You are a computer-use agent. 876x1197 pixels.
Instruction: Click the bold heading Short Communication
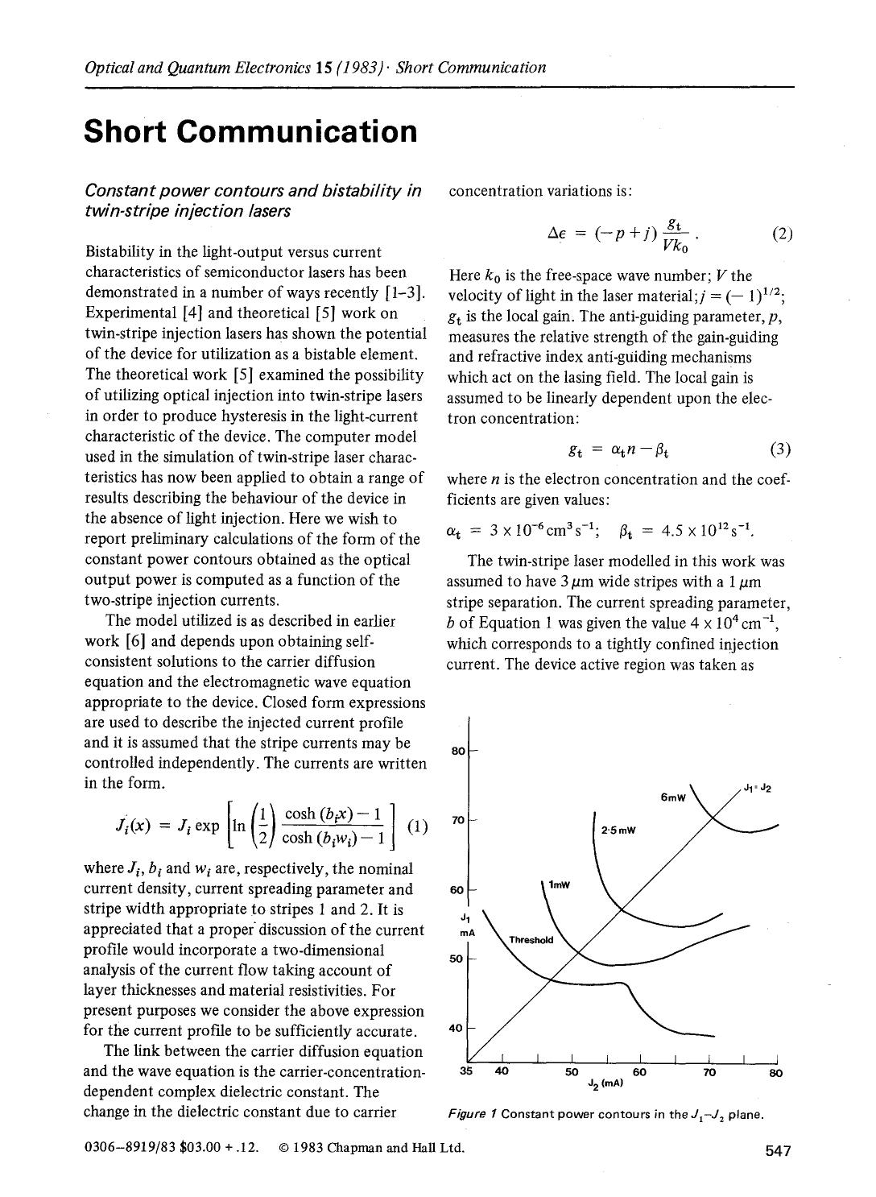(250, 131)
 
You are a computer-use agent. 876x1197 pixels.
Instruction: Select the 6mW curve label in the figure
(672, 798)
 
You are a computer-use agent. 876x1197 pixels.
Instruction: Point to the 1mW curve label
(559, 885)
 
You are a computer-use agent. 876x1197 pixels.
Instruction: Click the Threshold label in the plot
(531, 940)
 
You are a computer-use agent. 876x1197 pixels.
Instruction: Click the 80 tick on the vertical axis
(458, 752)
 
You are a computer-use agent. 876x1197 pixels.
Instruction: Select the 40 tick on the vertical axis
(457, 1029)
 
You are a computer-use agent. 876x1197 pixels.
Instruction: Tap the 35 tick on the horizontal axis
(466, 1072)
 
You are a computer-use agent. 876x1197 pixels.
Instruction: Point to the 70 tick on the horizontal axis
(709, 1072)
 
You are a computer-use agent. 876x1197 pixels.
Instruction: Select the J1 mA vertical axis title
(465, 924)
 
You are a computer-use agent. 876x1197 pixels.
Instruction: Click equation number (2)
(782, 235)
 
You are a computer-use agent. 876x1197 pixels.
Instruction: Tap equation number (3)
(780, 449)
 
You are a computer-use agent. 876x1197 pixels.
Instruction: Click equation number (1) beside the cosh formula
(418, 826)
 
